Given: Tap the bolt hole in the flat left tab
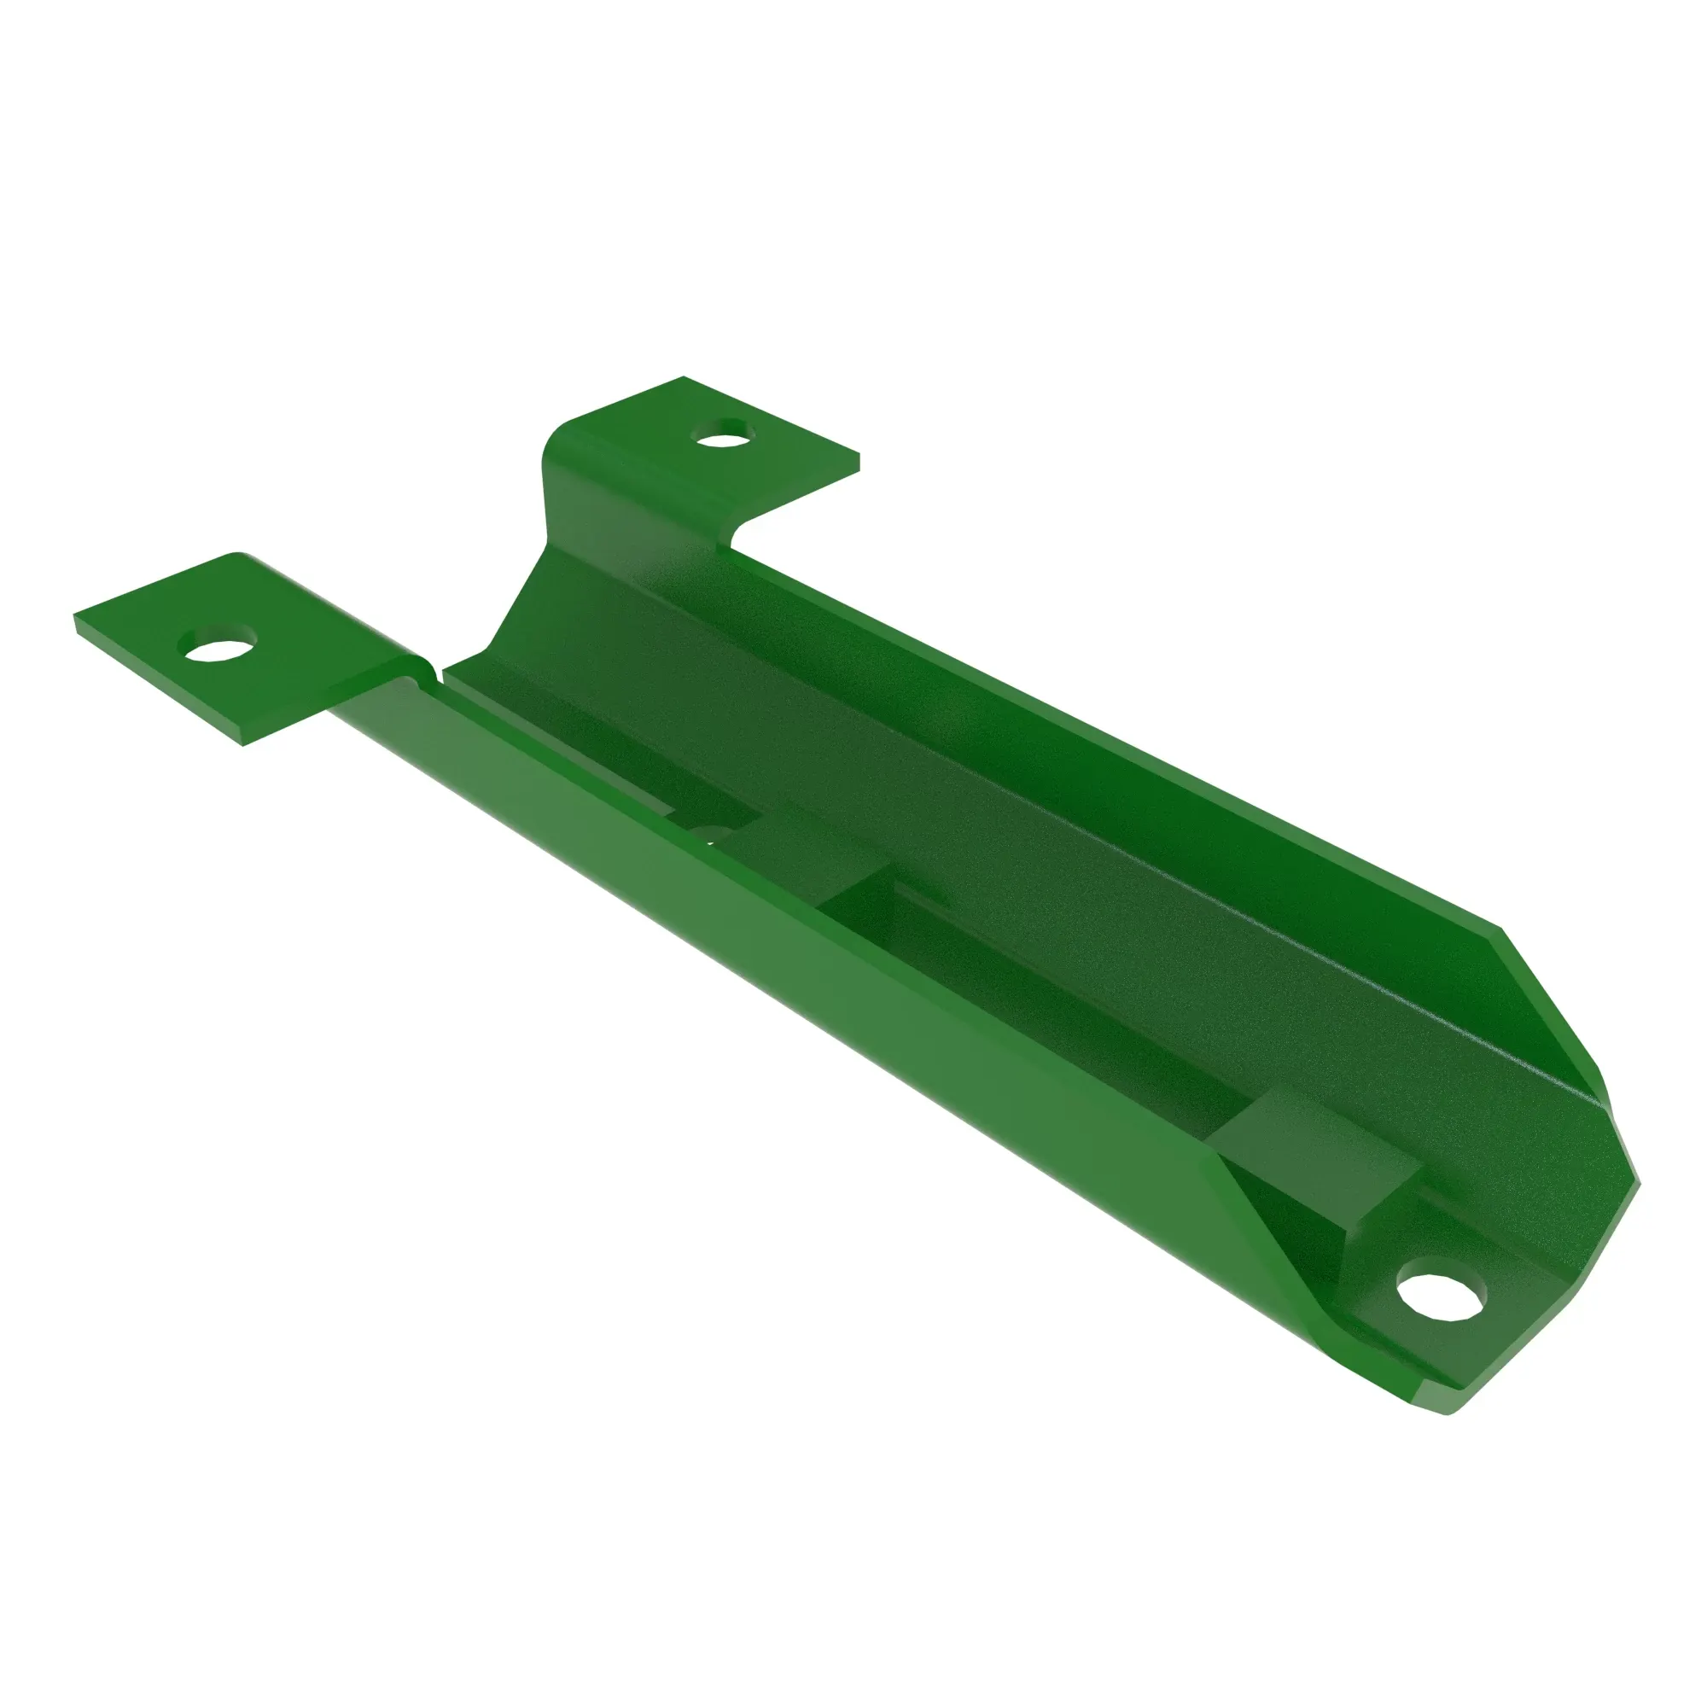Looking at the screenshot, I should pos(217,647).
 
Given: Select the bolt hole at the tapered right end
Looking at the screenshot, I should pos(1441,1296).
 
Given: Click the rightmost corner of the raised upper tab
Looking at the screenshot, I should pos(857,459).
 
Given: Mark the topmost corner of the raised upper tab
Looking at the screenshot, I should pos(685,379).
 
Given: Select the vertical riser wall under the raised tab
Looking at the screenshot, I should pos(619,495).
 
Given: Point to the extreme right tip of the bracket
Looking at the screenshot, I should pos(1637,1184).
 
